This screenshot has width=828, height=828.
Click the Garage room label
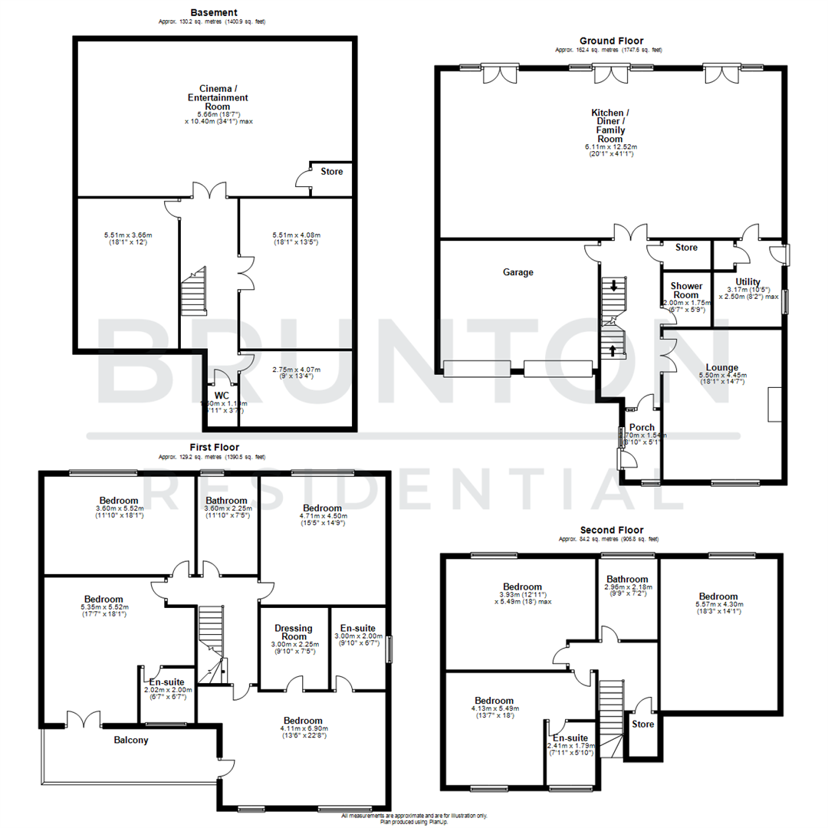point(517,272)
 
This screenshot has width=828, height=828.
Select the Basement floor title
point(214,13)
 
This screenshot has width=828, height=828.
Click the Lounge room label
point(721,367)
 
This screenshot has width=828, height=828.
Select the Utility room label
point(747,281)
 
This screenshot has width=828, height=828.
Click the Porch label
point(641,427)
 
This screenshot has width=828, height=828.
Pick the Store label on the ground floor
point(686,248)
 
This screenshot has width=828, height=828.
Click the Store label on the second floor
point(642,723)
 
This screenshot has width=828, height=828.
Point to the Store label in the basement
point(332,171)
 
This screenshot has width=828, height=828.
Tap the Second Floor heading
point(611,530)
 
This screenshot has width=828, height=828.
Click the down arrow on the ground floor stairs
point(614,287)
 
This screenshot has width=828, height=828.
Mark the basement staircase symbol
point(194,291)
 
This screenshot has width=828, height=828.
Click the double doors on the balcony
point(84,720)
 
